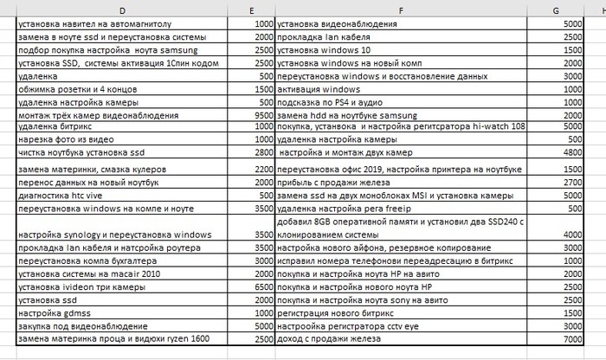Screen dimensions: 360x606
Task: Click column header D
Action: [x=122, y=9]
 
